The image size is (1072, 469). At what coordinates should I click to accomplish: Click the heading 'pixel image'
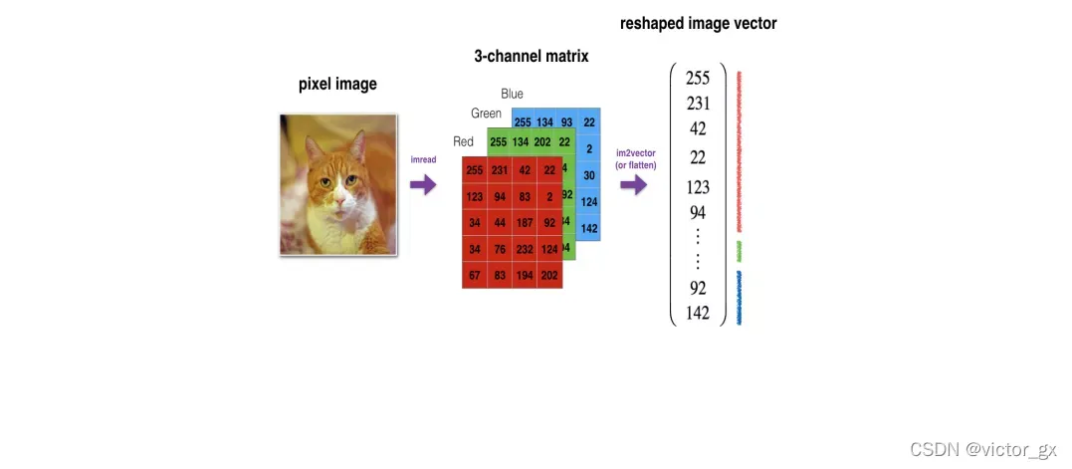coord(337,84)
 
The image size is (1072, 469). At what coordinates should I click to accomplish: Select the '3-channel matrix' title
coord(531,56)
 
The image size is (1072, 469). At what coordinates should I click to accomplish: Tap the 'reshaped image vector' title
coord(698,23)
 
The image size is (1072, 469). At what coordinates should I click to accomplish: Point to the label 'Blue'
coord(512,94)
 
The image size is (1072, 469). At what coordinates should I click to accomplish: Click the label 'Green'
coord(486,114)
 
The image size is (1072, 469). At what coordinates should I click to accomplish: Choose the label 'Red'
coord(463,141)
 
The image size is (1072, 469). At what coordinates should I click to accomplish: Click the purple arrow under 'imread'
coord(423,184)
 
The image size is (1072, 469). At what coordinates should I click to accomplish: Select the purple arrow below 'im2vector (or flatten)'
coord(634,185)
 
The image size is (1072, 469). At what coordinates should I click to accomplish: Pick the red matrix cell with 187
coord(525,222)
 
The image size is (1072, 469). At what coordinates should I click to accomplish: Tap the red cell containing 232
coord(525,248)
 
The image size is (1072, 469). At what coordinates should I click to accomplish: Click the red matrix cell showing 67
coord(474,275)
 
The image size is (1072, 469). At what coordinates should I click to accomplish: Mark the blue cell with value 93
coord(567,122)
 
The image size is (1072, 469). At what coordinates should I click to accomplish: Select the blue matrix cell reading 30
coord(589,175)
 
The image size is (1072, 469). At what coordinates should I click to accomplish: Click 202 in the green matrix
coord(542,141)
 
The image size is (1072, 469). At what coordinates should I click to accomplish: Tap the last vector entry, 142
coord(698,313)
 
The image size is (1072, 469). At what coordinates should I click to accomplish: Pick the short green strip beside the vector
coord(740,251)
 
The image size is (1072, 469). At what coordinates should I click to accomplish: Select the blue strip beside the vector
coord(740,299)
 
